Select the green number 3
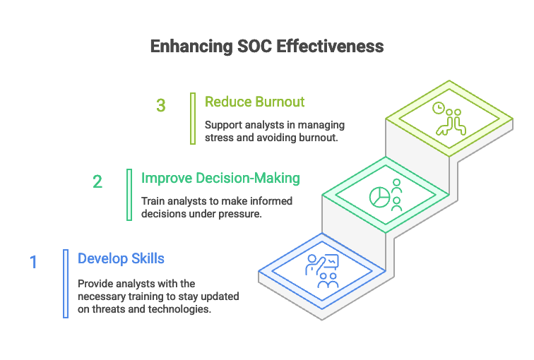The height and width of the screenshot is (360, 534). (161, 105)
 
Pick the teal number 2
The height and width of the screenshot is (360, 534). (97, 181)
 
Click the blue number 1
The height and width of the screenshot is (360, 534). (33, 263)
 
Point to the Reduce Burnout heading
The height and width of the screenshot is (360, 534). (254, 102)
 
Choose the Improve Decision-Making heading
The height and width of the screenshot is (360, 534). (220, 178)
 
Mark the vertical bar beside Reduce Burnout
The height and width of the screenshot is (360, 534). (192, 119)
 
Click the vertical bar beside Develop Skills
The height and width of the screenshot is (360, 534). (65, 283)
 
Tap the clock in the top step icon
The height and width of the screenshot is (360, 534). (439, 108)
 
